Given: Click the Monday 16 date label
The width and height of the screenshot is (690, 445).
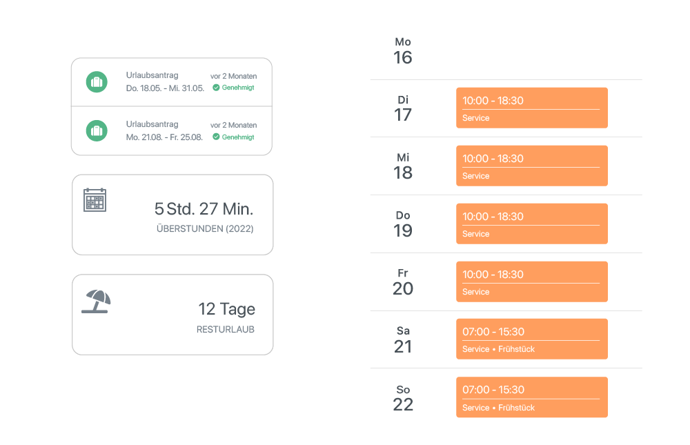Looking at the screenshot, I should [403, 52].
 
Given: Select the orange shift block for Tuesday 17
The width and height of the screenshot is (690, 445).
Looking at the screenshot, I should [531, 108].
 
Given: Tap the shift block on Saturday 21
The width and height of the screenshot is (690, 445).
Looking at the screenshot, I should [531, 339].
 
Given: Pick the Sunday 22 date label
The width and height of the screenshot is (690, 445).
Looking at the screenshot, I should [403, 399].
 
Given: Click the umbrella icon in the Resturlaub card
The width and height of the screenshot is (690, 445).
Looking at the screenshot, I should [97, 301].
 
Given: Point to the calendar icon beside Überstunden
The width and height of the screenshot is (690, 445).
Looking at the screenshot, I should [95, 199].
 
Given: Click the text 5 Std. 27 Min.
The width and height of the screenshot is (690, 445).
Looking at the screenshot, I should [204, 208].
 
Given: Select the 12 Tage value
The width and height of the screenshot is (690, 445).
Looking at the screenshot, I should [226, 309].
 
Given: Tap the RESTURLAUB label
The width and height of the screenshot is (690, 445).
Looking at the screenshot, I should [225, 330].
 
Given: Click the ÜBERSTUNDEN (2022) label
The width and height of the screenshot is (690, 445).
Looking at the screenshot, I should [205, 228].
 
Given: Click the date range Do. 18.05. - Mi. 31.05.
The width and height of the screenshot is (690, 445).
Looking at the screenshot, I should [165, 88].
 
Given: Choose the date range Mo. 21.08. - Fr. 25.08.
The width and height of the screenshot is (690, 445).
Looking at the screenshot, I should [164, 137].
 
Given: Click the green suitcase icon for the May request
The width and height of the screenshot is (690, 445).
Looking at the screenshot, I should [97, 82].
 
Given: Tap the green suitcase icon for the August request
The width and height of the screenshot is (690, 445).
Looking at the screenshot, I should [97, 130].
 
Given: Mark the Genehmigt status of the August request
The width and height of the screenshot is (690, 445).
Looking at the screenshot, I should [234, 137].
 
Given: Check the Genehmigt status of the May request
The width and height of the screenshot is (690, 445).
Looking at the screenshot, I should [234, 88].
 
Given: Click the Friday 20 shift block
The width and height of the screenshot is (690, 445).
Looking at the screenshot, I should [531, 281].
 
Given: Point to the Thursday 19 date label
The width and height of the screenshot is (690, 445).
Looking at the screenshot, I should [403, 225].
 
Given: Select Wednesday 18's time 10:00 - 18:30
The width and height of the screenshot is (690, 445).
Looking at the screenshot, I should [493, 159].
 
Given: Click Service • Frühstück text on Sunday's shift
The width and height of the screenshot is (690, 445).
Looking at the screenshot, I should [498, 408].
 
